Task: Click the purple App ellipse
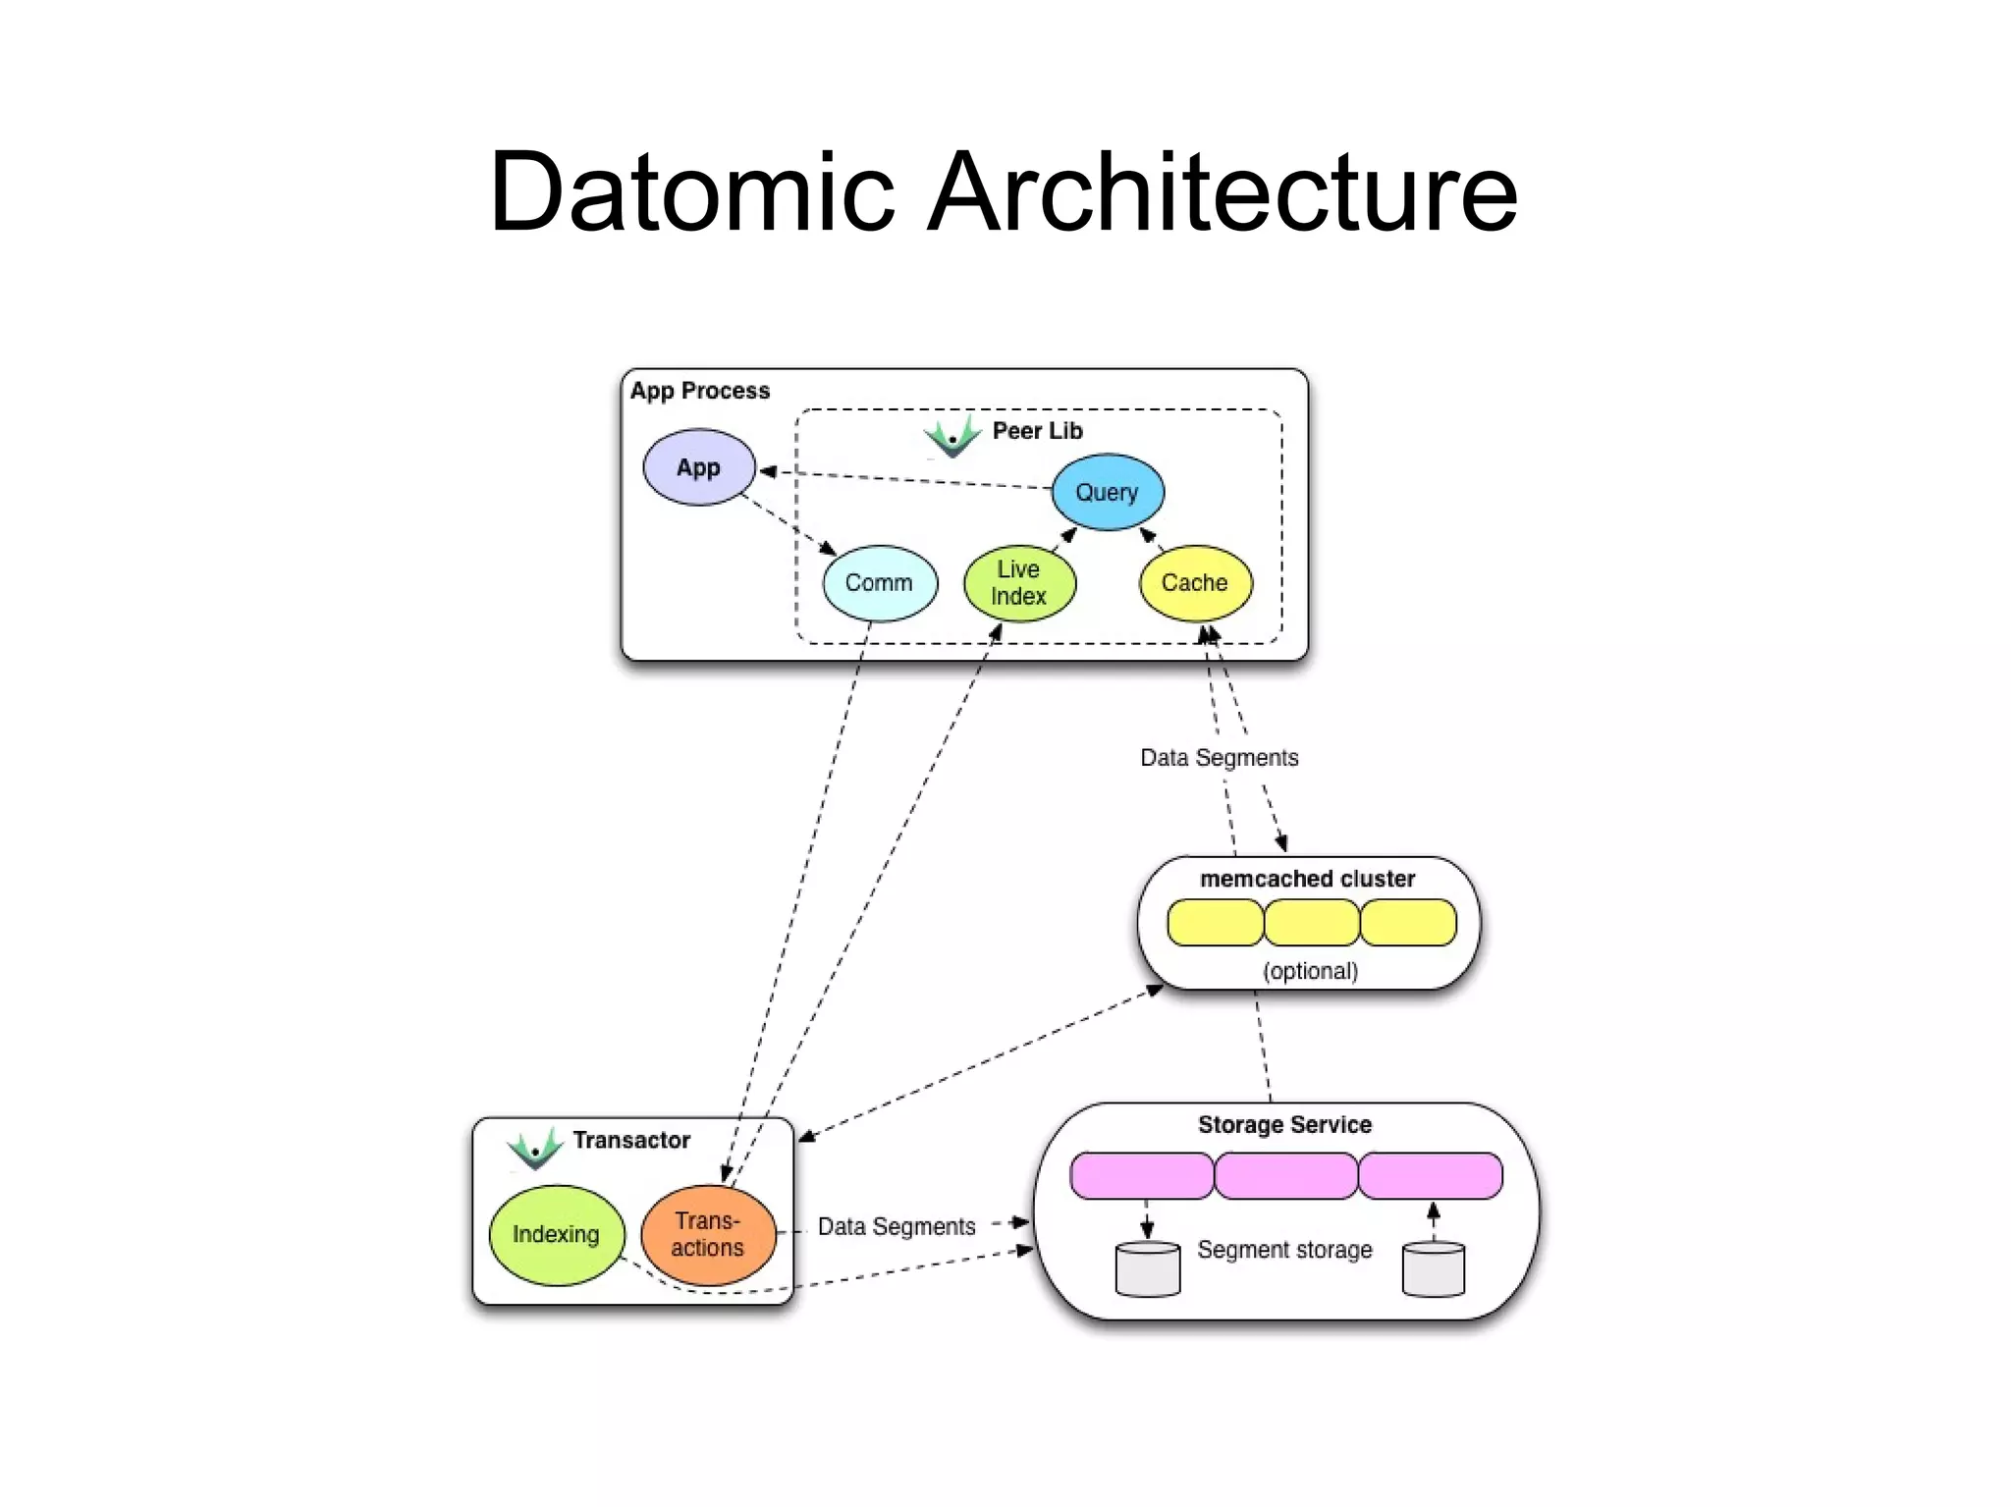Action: click(698, 467)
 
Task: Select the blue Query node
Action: click(1107, 492)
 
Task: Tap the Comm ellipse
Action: click(879, 583)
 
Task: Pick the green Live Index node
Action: click(1018, 583)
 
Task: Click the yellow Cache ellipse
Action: click(1194, 583)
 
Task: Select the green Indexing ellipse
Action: click(556, 1234)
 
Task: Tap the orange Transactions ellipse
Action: click(707, 1234)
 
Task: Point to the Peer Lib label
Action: click(1037, 431)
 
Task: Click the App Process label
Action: click(699, 391)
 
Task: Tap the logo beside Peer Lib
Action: click(952, 435)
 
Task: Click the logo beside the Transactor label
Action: click(535, 1147)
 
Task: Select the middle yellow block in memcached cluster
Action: click(1311, 923)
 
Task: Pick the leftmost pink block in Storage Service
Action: click(1141, 1175)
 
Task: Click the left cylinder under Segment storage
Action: click(1147, 1269)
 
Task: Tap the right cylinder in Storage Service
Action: click(1433, 1269)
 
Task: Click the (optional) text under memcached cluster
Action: click(1310, 971)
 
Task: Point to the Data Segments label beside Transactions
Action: click(896, 1226)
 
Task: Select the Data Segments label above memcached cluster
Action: click(1219, 758)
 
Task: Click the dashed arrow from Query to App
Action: click(903, 479)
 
